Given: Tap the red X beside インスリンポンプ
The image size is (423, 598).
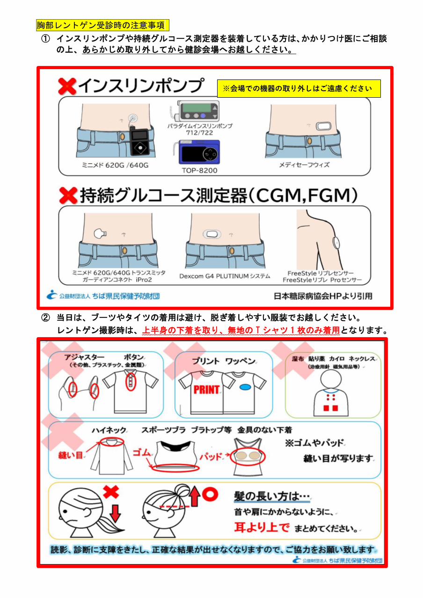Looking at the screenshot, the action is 67,86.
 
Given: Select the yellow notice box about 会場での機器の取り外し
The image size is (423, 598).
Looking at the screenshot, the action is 299,88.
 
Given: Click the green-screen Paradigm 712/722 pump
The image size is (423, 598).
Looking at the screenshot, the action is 198,110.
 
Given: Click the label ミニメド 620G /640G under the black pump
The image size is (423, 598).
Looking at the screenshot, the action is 115,165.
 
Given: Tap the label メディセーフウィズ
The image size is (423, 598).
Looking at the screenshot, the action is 304,165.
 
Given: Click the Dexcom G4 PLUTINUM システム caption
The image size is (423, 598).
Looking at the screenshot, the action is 225,276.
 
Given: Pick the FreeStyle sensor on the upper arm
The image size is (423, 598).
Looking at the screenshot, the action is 336,242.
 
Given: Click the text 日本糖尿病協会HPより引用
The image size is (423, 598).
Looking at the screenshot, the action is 323,296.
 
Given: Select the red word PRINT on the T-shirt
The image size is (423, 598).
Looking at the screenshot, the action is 206,390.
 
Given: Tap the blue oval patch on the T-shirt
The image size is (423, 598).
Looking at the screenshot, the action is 245,387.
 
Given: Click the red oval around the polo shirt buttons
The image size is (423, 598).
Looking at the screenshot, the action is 131,382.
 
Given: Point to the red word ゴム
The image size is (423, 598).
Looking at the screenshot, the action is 142,452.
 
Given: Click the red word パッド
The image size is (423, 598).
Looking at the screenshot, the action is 211,457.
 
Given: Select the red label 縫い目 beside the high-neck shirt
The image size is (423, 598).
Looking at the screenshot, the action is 71,455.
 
